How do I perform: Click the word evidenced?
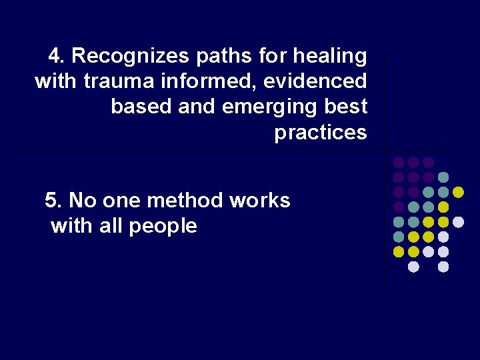coord(315,81)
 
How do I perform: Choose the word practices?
coord(321,132)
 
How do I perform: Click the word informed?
coord(204,81)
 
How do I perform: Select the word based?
coord(141,107)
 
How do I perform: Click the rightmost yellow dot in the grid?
coord(458,192)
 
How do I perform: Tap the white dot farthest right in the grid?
coord(458,222)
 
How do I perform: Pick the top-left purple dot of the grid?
coord(398,162)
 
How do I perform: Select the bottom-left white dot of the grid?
coord(413,267)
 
